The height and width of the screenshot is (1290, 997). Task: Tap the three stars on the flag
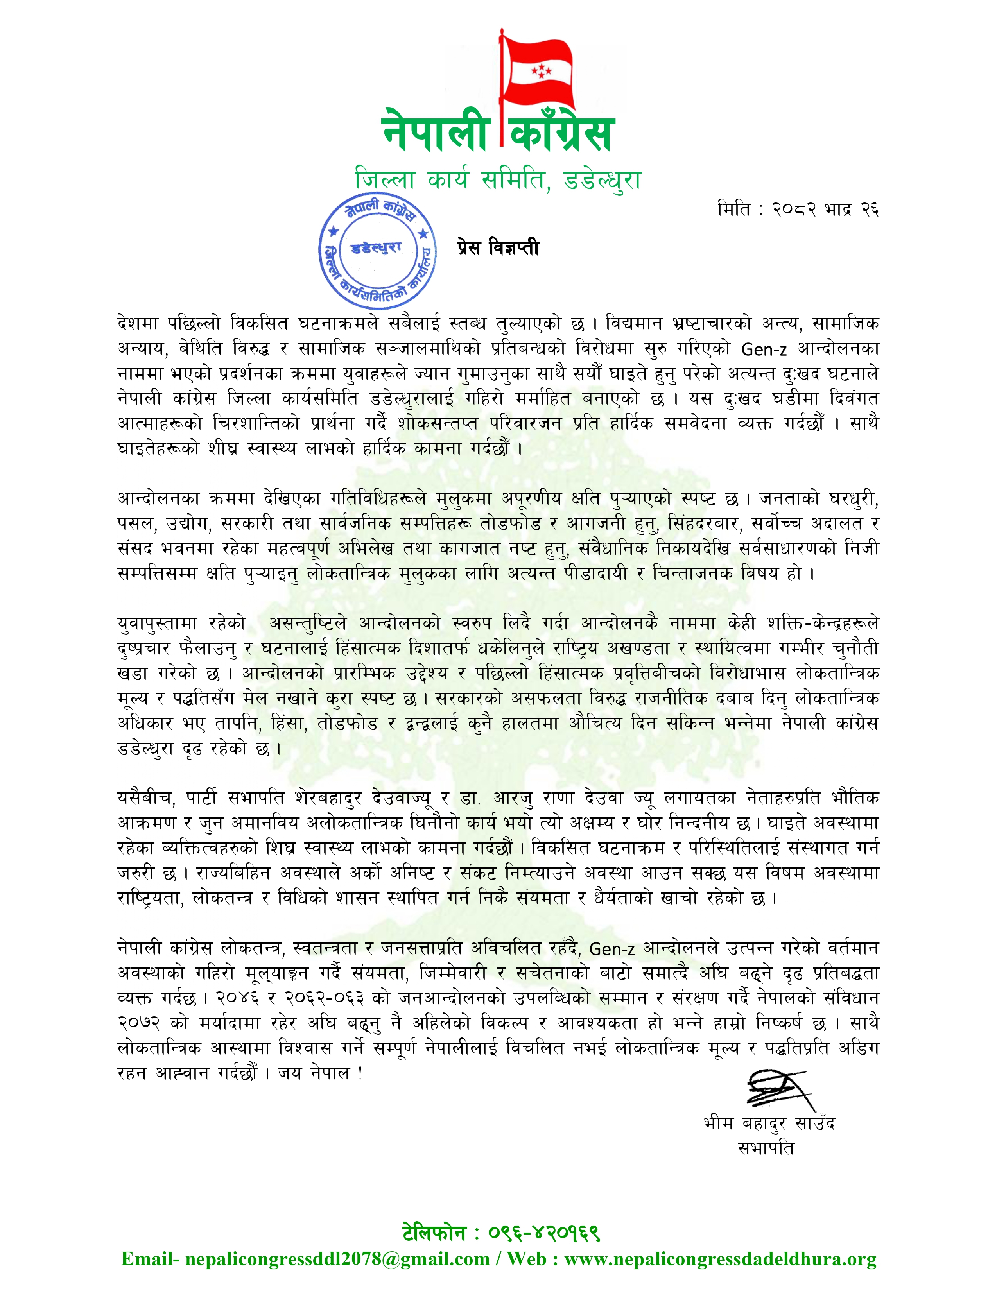coord(540,72)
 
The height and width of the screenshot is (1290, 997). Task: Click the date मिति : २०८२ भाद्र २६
coord(798,209)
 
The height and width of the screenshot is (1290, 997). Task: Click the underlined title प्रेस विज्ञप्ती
coord(498,247)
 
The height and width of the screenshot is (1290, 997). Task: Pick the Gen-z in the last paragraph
coord(612,949)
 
